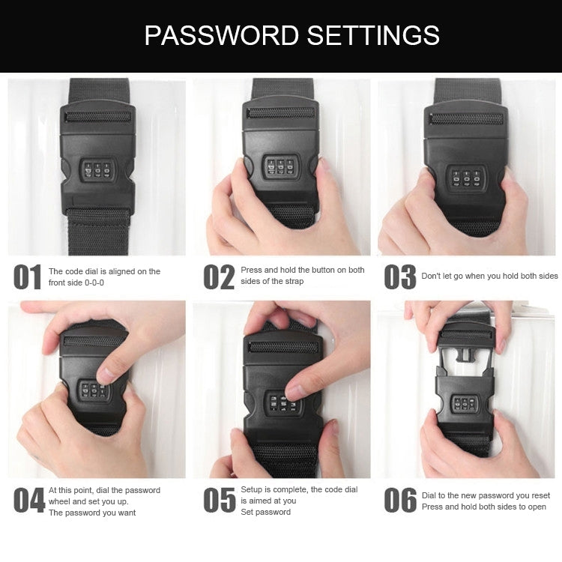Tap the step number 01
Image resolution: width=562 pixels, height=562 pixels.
point(28,277)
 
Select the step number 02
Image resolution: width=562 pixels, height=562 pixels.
point(219,277)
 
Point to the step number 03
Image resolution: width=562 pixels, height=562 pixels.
point(400,277)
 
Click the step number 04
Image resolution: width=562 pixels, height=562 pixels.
point(28,501)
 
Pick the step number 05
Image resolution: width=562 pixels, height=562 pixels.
point(219,501)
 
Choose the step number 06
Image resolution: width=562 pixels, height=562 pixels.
point(400,501)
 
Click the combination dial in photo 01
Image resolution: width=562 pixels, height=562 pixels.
point(97,172)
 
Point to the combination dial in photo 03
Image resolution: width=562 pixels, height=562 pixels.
point(466,178)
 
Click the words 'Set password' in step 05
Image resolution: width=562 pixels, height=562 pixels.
point(265,512)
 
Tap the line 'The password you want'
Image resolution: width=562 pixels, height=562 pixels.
point(92,513)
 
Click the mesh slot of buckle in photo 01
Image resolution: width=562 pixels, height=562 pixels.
point(97,118)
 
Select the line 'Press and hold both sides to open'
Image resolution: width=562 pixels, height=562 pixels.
point(483,507)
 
